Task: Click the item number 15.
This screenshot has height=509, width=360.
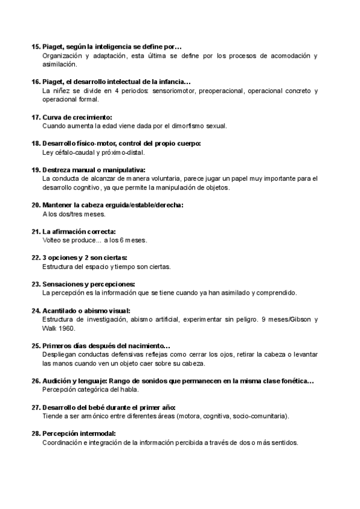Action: pyautogui.click(x=35, y=46)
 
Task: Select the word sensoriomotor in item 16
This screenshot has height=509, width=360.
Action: pyautogui.click(x=176, y=91)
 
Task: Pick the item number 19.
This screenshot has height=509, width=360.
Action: pyautogui.click(x=35, y=170)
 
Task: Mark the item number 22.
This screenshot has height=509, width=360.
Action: pyautogui.click(x=35, y=258)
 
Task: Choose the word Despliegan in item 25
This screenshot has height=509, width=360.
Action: pyautogui.click(x=61, y=355)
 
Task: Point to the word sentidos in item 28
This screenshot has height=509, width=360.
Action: pyautogui.click(x=282, y=443)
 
